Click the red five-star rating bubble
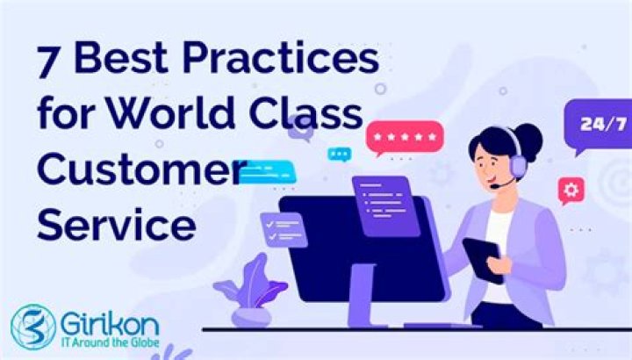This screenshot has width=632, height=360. point(405,138)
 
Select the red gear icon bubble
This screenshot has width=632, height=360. point(571,189)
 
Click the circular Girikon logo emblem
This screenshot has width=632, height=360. point(33,325)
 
